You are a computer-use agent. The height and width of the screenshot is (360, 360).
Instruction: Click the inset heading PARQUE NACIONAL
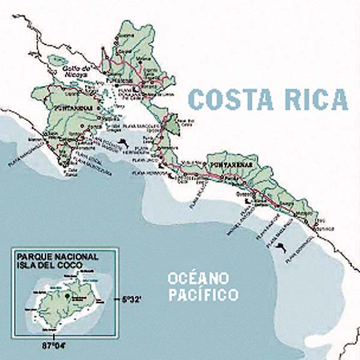[x=57, y=257]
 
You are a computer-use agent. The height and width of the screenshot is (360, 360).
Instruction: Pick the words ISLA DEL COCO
[x=49, y=265]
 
